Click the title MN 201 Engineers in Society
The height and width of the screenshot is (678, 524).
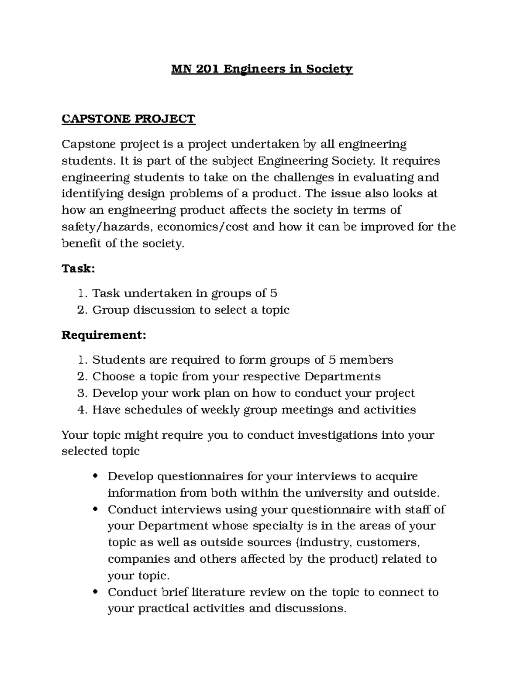click(262, 69)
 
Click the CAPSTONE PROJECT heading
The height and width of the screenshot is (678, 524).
click(128, 119)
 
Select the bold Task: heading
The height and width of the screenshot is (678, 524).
click(78, 268)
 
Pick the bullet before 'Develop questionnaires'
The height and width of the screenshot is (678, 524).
click(96, 476)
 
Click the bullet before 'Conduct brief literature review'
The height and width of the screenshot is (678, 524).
click(96, 592)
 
